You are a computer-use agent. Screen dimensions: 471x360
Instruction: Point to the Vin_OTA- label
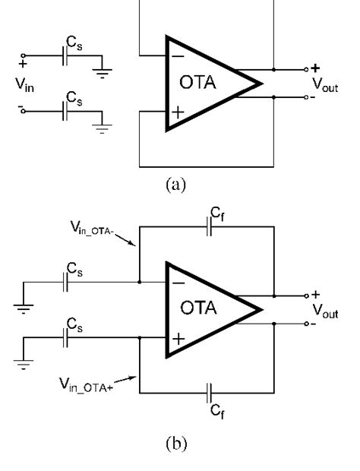click(92, 227)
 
